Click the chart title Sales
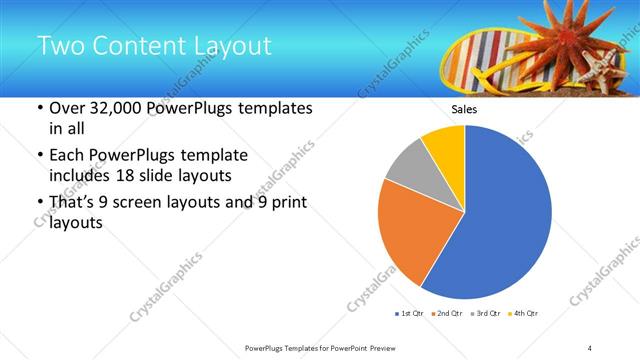coord(464,109)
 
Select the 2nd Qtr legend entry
coord(448,314)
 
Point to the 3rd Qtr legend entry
coord(486,314)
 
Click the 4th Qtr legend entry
coord(523,314)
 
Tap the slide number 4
coord(590,347)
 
